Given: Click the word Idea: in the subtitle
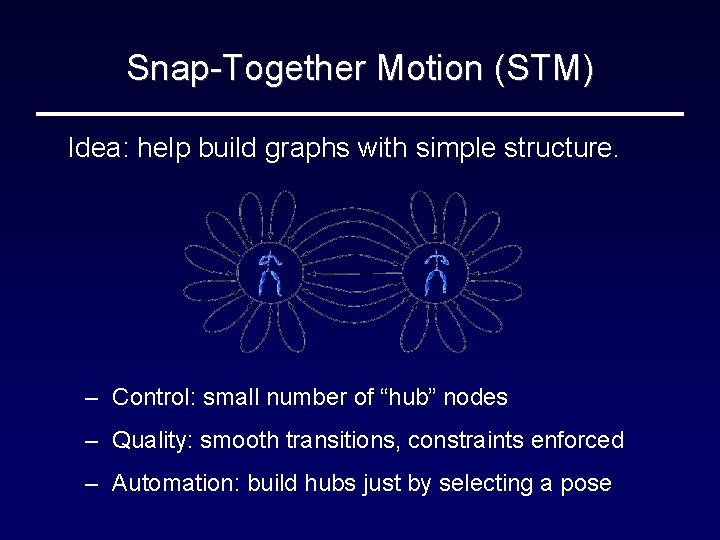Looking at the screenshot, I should coord(98,149).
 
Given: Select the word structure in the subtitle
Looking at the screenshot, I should coord(568,149).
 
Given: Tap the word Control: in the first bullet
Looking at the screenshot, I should coord(155,398).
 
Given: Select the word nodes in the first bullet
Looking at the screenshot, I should coord(476,398).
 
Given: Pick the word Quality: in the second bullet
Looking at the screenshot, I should coord(153,441).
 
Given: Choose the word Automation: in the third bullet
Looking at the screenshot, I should coord(176,484).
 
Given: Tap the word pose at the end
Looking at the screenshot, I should coord(587,484).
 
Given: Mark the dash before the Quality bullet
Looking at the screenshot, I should coord(91,441).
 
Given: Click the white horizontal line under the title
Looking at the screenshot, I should coord(359,114).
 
